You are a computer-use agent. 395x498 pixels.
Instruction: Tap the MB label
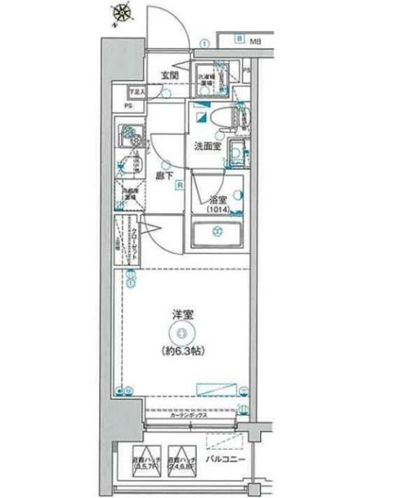coord(255,39)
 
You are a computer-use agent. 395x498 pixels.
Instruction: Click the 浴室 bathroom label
coord(216,197)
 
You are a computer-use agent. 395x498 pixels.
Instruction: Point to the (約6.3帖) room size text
coord(182,351)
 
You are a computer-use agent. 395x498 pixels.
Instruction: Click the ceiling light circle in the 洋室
coord(182,331)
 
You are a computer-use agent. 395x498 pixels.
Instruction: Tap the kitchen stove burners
coord(129,133)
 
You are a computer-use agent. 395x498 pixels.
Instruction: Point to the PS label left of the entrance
coord(128,106)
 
